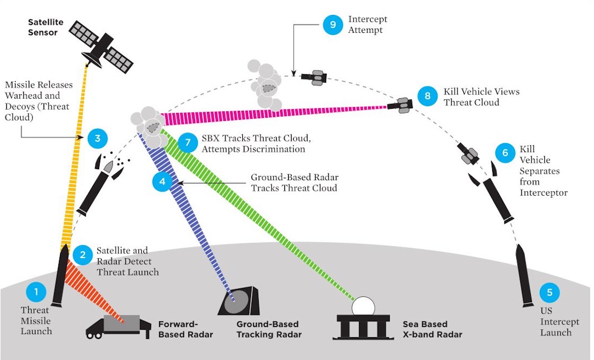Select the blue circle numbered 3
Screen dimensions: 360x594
98,139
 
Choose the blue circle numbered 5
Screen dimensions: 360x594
549,292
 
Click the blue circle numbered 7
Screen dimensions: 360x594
187,143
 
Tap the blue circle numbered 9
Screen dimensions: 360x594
333,25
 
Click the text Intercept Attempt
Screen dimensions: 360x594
368,24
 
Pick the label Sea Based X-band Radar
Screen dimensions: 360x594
432,329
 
